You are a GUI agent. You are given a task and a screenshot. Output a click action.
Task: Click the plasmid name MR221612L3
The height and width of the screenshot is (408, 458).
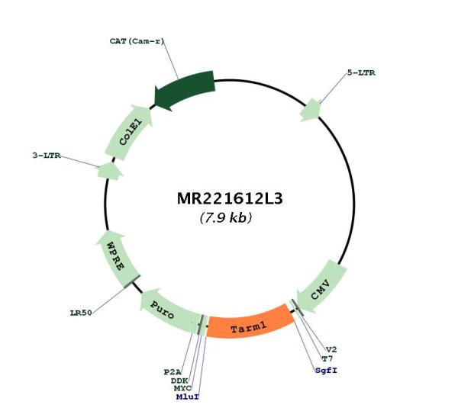tap(230, 199)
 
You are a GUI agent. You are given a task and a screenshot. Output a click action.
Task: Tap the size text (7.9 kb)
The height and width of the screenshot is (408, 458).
tap(226, 217)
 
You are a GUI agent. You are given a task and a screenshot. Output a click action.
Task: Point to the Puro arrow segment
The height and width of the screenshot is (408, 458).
tap(168, 311)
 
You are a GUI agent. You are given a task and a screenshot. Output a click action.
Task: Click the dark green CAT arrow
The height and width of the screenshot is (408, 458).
tap(184, 91)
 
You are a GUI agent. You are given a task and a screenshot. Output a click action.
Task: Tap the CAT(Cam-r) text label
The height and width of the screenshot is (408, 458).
tap(137, 41)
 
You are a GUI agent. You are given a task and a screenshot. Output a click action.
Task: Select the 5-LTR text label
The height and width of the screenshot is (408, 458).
tap(361, 72)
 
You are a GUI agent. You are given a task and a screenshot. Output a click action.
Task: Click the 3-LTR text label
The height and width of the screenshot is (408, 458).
tap(47, 156)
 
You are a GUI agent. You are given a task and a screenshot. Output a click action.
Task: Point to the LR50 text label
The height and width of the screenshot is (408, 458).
tap(81, 313)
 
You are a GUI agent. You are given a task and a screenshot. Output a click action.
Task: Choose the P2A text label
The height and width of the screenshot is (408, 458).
tap(173, 372)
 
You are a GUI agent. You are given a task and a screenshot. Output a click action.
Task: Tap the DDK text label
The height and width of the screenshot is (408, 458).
tap(179, 381)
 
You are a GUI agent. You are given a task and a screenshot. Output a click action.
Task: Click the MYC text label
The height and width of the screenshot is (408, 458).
tap(182, 388)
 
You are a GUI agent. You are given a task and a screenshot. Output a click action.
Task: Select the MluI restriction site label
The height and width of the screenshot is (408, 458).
tap(188, 397)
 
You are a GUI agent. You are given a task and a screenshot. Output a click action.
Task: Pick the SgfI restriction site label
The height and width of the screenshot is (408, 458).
tap(326, 371)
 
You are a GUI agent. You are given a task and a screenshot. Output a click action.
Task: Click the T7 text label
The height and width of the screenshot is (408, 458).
tap(327, 358)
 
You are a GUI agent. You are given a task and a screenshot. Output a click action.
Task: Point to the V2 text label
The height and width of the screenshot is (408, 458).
tap(331, 349)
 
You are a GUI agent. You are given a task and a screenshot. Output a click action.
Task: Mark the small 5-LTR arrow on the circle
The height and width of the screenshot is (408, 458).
tap(310, 110)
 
